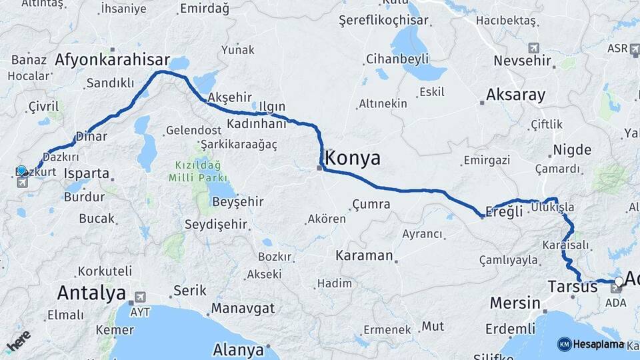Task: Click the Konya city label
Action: [x=353, y=158]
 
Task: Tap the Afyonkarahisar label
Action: [x=112, y=59]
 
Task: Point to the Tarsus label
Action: [x=572, y=287]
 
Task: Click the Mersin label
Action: [x=515, y=303]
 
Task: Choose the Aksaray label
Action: [x=515, y=94]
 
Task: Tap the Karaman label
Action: [x=364, y=255]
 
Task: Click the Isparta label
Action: [x=87, y=173]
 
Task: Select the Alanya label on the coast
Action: [x=238, y=349]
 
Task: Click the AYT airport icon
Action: [x=140, y=297]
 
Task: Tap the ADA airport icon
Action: [x=617, y=289]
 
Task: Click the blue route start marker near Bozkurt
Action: [x=22, y=171]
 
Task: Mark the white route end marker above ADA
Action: [x=619, y=281]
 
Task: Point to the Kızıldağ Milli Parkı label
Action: [x=199, y=171]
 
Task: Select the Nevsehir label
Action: [x=523, y=61]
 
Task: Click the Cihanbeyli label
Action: [x=397, y=59]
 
